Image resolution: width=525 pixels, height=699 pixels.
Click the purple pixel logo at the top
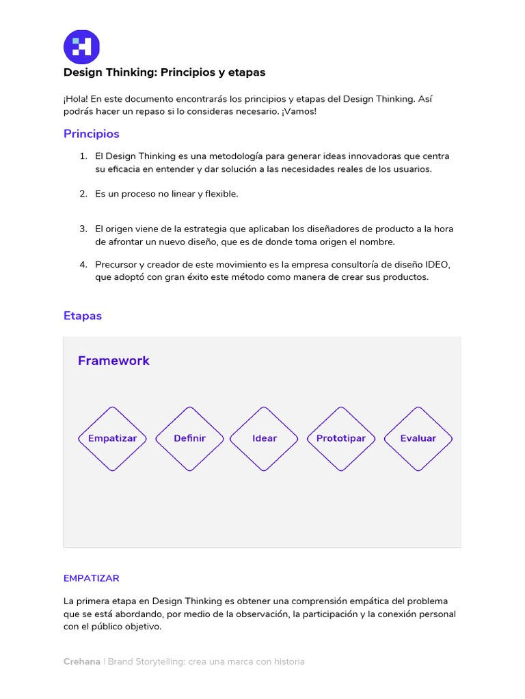(81, 47)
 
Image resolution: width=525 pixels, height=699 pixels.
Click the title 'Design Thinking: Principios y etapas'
(164, 72)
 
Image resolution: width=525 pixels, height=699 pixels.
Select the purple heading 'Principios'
(91, 134)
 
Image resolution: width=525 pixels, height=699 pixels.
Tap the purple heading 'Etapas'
(82, 316)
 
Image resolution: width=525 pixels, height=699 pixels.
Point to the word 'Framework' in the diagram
(113, 360)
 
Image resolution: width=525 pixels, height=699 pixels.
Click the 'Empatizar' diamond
(112, 438)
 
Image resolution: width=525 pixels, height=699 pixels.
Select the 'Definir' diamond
(189, 438)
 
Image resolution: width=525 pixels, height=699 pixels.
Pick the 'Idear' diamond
(264, 438)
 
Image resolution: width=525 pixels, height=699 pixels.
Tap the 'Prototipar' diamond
(340, 438)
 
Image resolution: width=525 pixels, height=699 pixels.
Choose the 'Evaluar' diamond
(418, 438)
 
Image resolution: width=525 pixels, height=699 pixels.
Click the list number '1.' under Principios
(83, 156)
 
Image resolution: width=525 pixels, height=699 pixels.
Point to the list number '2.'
(83, 194)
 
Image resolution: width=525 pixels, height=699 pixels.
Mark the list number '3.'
(83, 229)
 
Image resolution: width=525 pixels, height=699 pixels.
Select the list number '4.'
(83, 264)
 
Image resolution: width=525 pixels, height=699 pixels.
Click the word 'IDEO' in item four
(437, 264)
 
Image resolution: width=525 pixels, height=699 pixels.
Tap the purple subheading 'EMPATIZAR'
(91, 578)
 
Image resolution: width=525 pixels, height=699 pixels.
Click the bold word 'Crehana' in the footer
(81, 661)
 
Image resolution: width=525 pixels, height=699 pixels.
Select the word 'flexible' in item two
(221, 194)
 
